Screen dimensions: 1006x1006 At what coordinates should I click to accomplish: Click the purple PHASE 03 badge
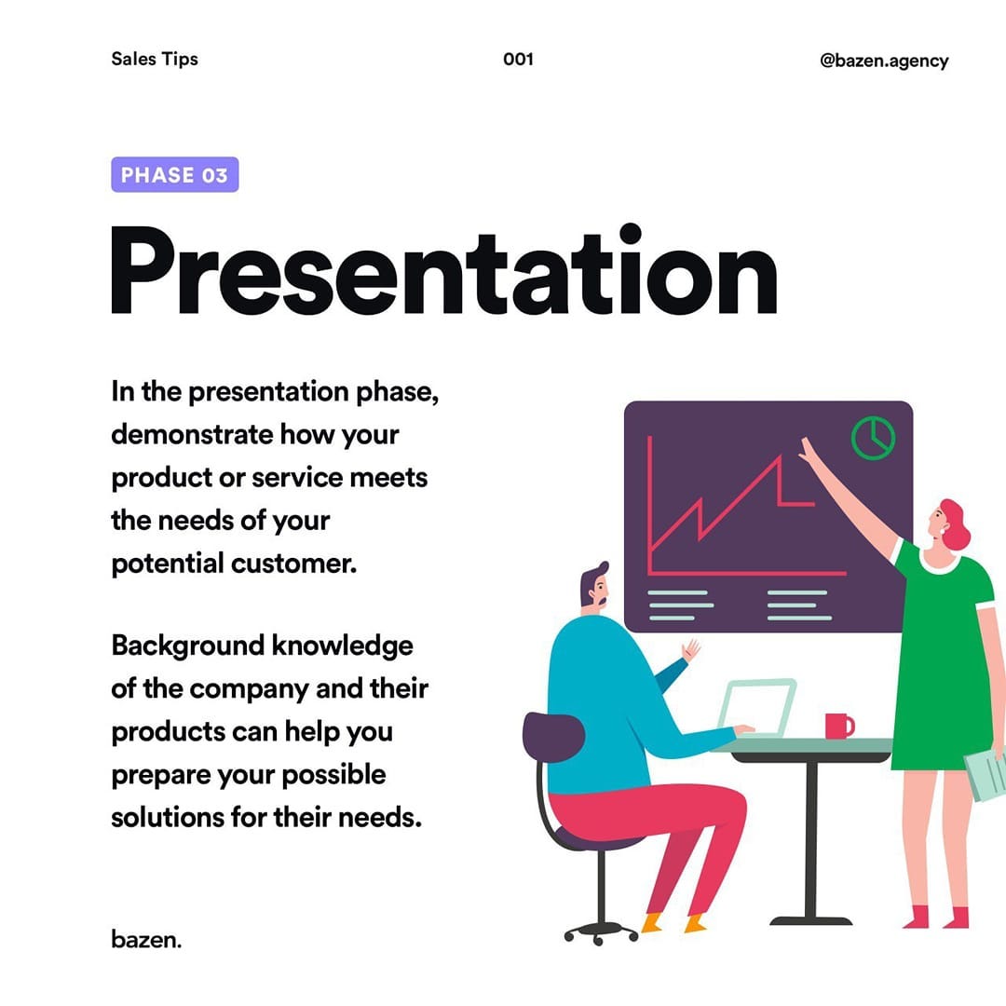point(174,174)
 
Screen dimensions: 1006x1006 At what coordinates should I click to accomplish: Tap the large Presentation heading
point(444,270)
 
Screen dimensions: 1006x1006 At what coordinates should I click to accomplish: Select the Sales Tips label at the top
point(155,59)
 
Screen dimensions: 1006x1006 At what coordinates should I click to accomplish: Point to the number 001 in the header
point(519,59)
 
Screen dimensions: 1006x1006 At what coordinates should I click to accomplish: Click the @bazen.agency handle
point(884,61)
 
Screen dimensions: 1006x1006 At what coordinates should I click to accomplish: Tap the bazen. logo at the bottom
point(146,939)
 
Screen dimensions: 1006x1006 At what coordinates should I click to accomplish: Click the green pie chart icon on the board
point(873,438)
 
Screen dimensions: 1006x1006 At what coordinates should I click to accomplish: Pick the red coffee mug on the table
point(839,726)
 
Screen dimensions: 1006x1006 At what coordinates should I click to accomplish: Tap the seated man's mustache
point(603,601)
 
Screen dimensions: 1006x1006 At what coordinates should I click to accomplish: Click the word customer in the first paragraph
point(293,564)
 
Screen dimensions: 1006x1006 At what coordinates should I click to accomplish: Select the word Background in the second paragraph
point(186,646)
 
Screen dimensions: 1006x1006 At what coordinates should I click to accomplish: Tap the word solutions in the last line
point(166,818)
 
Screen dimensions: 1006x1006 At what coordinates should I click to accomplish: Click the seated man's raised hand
point(690,649)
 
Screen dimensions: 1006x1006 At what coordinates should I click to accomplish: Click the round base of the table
point(811,921)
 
